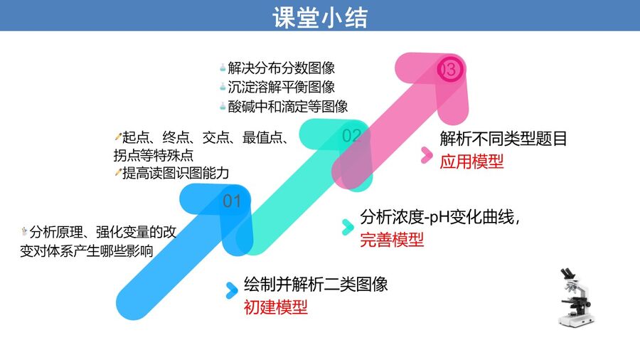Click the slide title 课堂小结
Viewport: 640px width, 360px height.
(x=320, y=17)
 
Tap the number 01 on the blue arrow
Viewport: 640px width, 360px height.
(x=232, y=201)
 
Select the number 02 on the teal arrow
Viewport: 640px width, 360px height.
(x=351, y=135)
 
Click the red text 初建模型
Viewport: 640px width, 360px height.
(x=275, y=307)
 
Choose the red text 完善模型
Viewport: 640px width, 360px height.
(x=392, y=240)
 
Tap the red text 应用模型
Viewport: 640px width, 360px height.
(x=471, y=162)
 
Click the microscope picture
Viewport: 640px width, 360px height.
(x=575, y=297)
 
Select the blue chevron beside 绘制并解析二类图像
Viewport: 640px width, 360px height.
(x=231, y=290)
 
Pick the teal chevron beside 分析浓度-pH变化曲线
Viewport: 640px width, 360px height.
(x=348, y=228)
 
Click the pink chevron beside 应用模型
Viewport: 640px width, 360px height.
(x=427, y=155)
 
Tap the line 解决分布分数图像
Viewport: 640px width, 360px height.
(x=282, y=68)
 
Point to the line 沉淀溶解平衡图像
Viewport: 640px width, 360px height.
(x=282, y=87)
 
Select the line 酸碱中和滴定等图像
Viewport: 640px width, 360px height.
(x=288, y=107)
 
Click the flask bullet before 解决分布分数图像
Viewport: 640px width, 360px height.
(x=223, y=68)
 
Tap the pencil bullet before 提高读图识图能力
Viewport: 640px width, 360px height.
(x=118, y=173)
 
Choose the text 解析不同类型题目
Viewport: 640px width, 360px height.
(x=503, y=139)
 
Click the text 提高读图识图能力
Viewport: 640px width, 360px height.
(x=176, y=173)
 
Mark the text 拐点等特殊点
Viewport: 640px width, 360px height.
(x=154, y=155)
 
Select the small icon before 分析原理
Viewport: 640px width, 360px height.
(x=24, y=232)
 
